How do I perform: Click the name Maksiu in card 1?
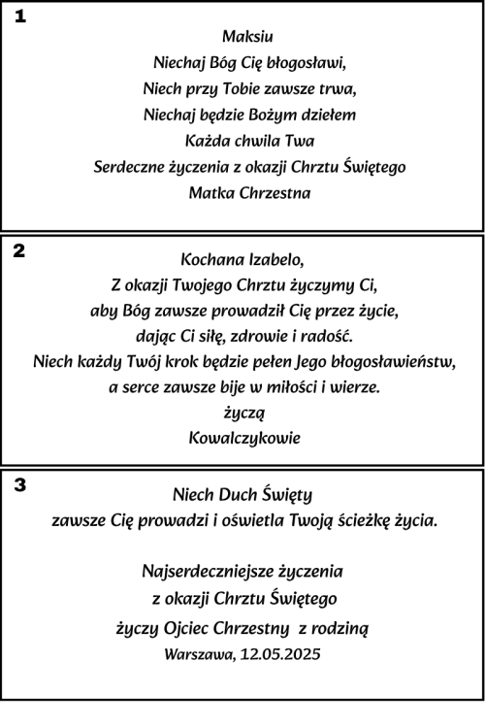pyautogui.click(x=247, y=37)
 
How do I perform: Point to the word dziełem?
pyautogui.click(x=329, y=115)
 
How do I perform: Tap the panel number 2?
pyautogui.click(x=19, y=250)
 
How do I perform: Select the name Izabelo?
pyautogui.click(x=275, y=260)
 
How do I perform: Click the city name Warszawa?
pyautogui.click(x=199, y=654)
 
